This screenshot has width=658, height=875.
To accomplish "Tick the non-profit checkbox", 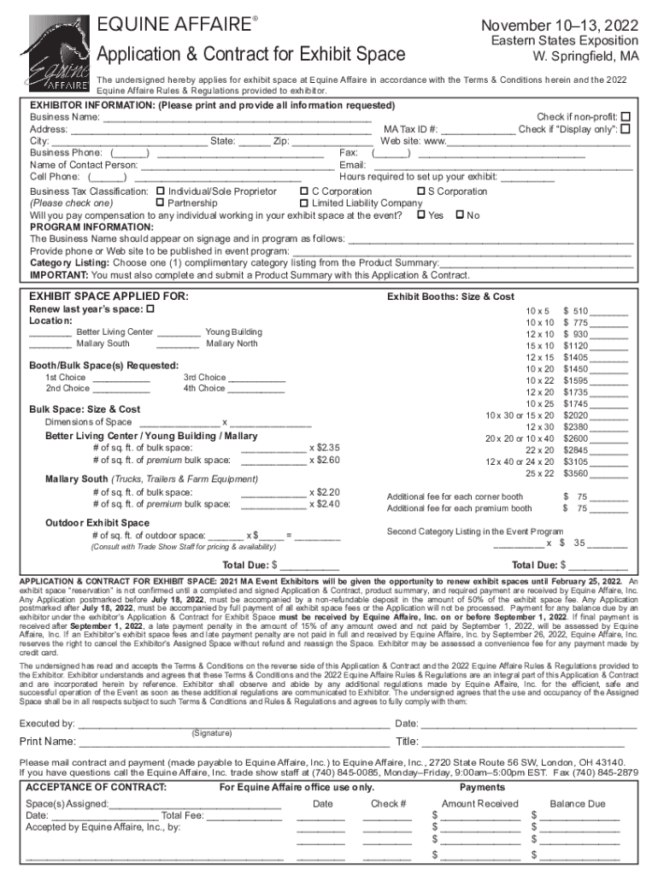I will (626, 116).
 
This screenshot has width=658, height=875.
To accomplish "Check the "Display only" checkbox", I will (626, 129).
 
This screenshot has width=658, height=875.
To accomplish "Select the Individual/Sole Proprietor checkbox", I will (161, 191).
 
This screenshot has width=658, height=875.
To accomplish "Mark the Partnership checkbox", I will (161, 203).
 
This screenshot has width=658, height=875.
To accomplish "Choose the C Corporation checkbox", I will (303, 191).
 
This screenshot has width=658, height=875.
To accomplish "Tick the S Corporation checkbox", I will (420, 191).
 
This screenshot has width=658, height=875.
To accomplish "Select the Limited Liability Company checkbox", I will (303, 203).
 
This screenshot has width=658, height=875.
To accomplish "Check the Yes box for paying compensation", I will (420, 215).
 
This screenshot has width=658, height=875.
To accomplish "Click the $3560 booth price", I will (575, 473).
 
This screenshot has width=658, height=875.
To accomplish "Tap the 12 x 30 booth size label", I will (540, 426).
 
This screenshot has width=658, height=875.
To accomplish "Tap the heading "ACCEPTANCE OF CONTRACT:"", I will (96, 786).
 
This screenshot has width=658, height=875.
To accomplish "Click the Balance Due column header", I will (578, 803).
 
